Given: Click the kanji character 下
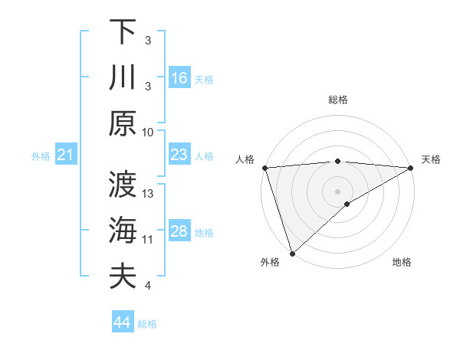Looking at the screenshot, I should tap(123, 31).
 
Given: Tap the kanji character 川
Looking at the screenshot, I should tap(123, 77).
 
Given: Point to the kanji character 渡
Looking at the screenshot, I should tap(123, 184).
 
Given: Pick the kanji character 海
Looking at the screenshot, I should tap(123, 230).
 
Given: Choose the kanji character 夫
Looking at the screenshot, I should tap(123, 276).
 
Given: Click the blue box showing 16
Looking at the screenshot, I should tap(179, 77).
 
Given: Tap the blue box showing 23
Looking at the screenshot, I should tap(179, 155).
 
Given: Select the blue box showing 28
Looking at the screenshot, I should tap(179, 231).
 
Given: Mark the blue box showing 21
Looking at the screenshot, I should tap(65, 155).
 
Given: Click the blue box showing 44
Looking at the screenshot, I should tap(123, 322).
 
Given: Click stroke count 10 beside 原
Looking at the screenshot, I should tap(149, 132).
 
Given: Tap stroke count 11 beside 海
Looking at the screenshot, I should tap(149, 240).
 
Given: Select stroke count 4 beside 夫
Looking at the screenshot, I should tap(147, 286).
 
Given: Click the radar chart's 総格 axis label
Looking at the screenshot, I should tap(338, 100).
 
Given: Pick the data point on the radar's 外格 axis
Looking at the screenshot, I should tap(292, 253).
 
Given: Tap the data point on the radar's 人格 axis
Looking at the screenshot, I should tap(264, 168).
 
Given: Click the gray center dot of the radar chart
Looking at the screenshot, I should tap(338, 191).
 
